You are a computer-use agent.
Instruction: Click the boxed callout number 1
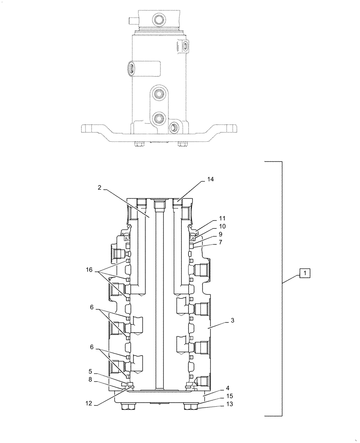point(306,273)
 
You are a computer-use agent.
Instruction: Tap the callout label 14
point(210,180)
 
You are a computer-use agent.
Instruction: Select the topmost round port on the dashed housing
point(158,19)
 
